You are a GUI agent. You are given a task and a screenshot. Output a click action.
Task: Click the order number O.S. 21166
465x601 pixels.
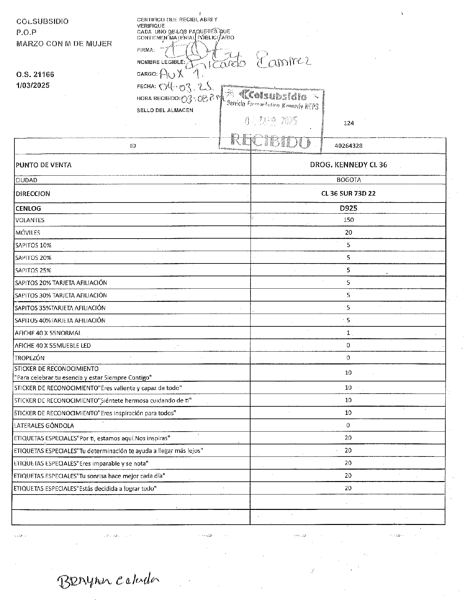(x=35, y=74)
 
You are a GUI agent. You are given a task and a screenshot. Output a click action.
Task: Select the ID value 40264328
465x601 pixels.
(x=348, y=146)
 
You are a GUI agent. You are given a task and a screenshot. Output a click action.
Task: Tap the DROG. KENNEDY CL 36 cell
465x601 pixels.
(x=348, y=165)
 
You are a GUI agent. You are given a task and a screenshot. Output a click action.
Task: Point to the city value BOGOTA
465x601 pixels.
(x=348, y=180)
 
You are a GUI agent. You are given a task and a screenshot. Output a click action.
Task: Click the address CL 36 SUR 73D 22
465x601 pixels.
(x=348, y=193)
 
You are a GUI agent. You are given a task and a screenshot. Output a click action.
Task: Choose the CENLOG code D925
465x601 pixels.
(x=348, y=208)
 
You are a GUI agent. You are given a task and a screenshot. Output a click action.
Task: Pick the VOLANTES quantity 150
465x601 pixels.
(x=348, y=220)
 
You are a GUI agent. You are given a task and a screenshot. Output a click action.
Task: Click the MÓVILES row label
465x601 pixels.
(x=28, y=233)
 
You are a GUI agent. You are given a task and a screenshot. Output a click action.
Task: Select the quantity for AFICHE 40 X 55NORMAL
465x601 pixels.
(x=348, y=333)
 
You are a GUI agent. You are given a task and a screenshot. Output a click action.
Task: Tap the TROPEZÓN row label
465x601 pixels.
(x=29, y=358)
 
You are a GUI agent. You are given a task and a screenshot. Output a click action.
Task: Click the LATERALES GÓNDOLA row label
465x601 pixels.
(x=44, y=426)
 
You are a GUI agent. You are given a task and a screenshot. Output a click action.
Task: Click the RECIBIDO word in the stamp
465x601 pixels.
(x=271, y=141)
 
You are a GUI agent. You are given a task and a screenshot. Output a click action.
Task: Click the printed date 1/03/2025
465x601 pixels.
(x=33, y=86)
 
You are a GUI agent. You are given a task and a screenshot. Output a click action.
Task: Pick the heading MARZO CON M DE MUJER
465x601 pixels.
(x=64, y=43)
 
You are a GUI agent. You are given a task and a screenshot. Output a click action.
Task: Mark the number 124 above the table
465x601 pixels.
(x=349, y=123)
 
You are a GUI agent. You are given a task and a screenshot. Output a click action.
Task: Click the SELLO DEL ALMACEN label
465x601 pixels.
(x=165, y=110)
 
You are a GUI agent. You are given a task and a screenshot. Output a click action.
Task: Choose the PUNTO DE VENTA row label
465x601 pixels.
(x=43, y=165)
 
